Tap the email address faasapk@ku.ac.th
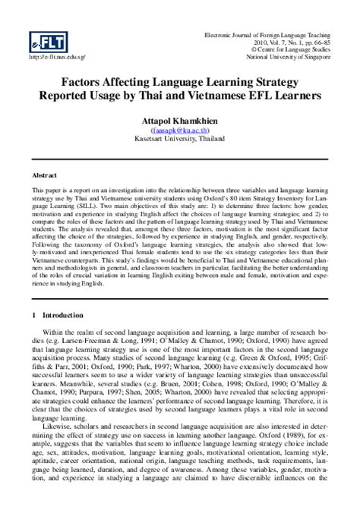pos(179,130)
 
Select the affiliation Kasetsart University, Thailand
pos(179,139)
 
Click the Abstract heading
pos(44,175)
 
